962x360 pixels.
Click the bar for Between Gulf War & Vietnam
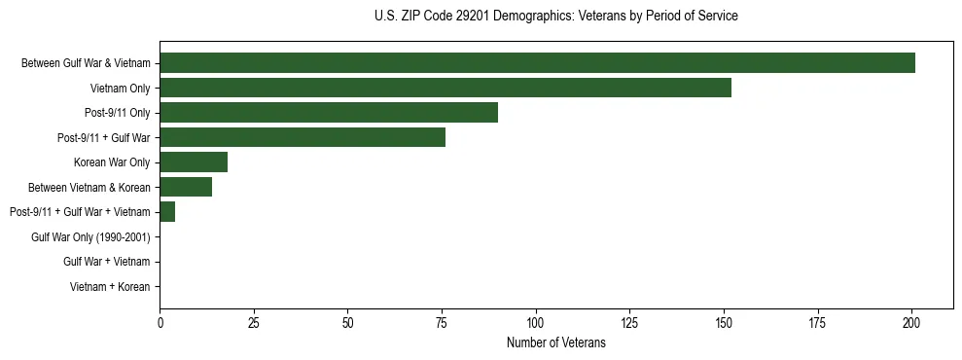click(x=537, y=63)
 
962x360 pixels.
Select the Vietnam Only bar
click(x=445, y=88)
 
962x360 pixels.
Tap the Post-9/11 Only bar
click(x=329, y=113)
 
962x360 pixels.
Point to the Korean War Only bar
click(x=194, y=162)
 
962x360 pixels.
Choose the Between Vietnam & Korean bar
click(x=186, y=187)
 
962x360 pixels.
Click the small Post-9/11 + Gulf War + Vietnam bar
click(x=167, y=212)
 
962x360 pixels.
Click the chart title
click(x=555, y=17)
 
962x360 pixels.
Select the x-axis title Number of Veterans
click(x=555, y=343)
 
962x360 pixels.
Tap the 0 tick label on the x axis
click(x=160, y=322)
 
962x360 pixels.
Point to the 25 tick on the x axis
click(x=254, y=322)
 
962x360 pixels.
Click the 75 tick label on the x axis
click(x=442, y=322)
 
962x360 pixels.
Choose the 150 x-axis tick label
click(x=724, y=322)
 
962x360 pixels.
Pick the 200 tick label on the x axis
click(x=911, y=322)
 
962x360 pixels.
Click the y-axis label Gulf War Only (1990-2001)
click(x=90, y=236)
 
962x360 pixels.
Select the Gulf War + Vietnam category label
click(x=106, y=262)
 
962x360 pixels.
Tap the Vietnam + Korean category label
click(x=110, y=286)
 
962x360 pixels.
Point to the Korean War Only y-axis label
click(x=112, y=162)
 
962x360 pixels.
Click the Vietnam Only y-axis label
click(x=120, y=88)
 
